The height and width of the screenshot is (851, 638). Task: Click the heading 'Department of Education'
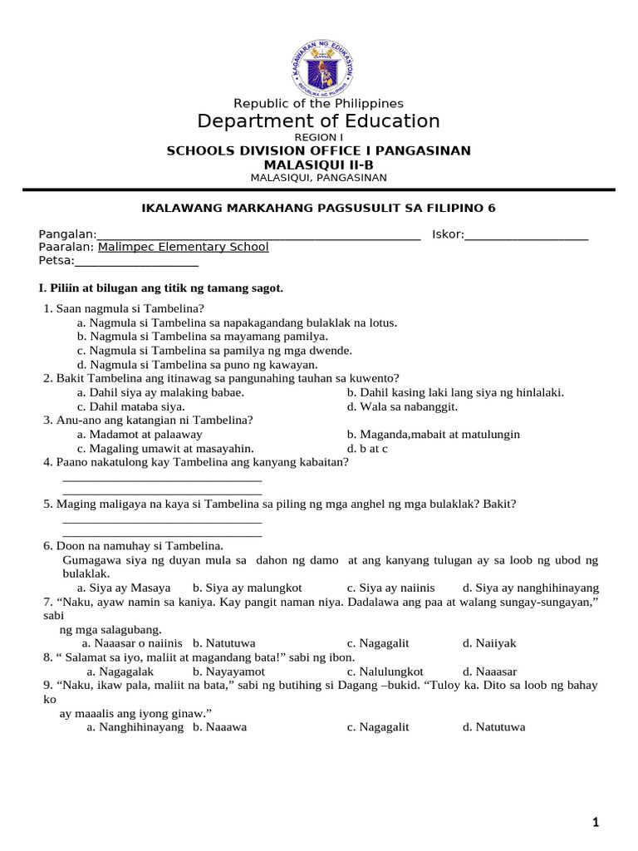pyautogui.click(x=318, y=121)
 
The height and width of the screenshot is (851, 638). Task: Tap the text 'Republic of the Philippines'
pyautogui.click(x=318, y=103)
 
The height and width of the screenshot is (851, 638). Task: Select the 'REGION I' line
pyautogui.click(x=318, y=137)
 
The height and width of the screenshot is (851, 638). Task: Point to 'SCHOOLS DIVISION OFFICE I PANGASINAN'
pyautogui.click(x=318, y=150)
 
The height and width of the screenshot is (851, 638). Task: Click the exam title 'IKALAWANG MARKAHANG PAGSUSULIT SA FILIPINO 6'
pyautogui.click(x=318, y=208)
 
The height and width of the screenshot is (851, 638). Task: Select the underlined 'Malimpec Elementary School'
pyautogui.click(x=183, y=247)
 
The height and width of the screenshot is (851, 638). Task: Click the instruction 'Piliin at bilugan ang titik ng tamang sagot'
pyautogui.click(x=161, y=288)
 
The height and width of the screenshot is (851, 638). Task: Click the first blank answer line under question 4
pyautogui.click(x=162, y=479)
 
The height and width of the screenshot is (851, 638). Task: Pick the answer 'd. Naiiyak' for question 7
pyautogui.click(x=490, y=643)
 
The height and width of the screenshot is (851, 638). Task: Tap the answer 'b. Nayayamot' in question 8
pyautogui.click(x=228, y=671)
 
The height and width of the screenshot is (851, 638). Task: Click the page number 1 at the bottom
pyautogui.click(x=595, y=823)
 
